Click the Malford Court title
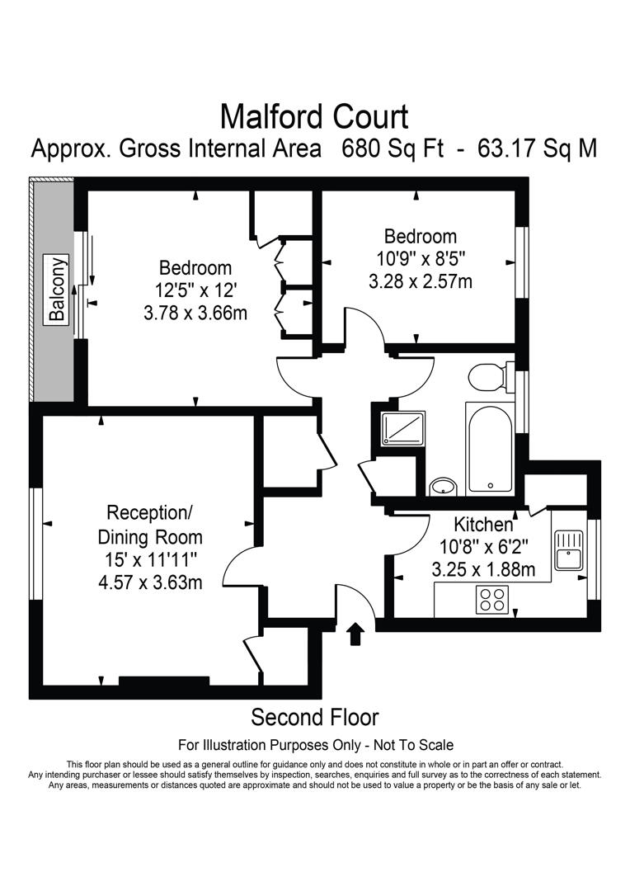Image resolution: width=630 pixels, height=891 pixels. (x=314, y=116)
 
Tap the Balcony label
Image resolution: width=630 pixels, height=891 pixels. (x=56, y=290)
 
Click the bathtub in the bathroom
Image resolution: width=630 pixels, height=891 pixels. (x=490, y=448)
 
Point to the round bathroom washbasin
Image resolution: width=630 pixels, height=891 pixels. (x=444, y=487)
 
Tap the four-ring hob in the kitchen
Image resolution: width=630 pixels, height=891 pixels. (x=492, y=599)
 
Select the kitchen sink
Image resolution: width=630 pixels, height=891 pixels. (x=569, y=550)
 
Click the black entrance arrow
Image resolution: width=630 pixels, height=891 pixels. (x=355, y=634)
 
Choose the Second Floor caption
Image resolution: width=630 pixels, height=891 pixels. (x=315, y=717)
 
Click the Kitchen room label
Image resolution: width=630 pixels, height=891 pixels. (x=483, y=523)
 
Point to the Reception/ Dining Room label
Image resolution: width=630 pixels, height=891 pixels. (x=150, y=525)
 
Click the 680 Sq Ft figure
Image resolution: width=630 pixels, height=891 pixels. (x=393, y=148)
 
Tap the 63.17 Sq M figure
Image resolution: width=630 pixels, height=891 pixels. (x=538, y=148)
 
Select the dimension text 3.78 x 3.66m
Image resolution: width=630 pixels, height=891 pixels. (x=195, y=313)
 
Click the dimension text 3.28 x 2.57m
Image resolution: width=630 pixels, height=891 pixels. (x=421, y=281)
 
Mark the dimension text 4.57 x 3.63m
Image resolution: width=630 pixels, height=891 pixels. (x=150, y=582)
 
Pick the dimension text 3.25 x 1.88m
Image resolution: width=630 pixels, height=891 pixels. (x=483, y=568)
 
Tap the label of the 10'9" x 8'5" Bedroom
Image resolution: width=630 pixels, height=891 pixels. (x=421, y=236)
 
